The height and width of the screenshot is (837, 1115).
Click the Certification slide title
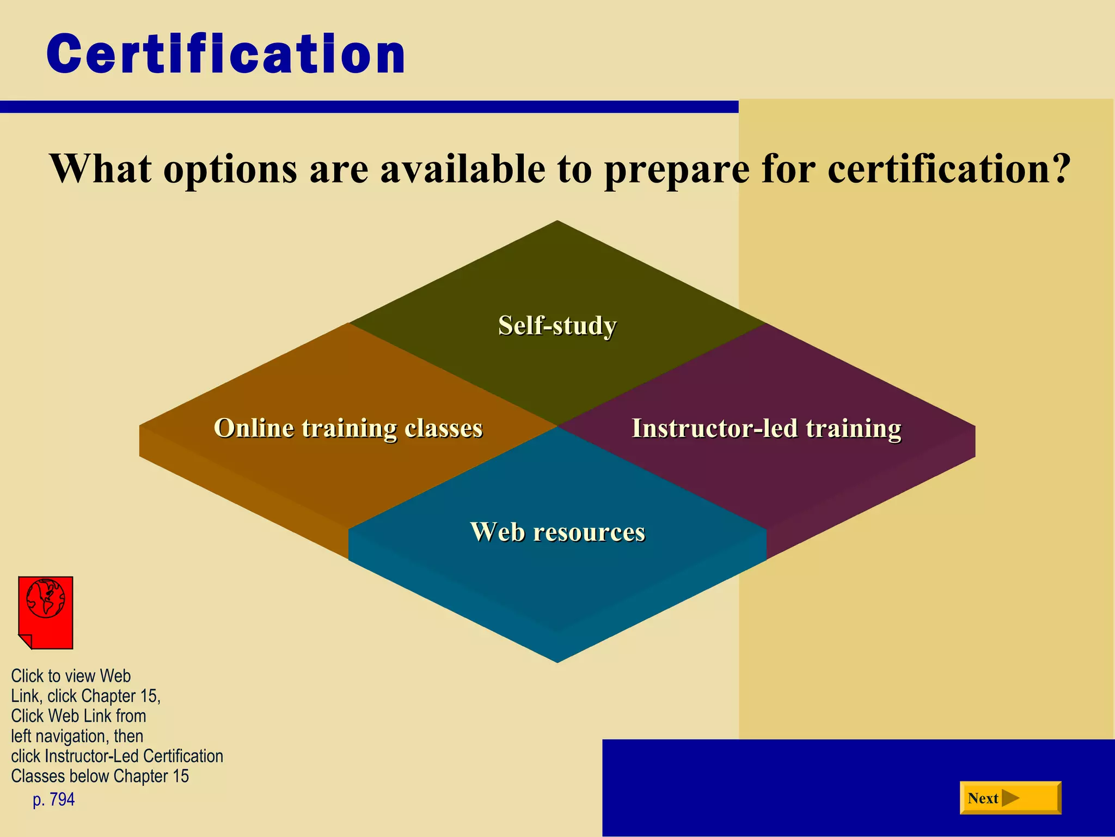tap(226, 54)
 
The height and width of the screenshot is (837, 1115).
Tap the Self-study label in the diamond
tap(557, 325)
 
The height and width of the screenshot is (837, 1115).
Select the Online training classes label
tap(348, 428)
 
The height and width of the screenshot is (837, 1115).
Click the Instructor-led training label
tap(766, 428)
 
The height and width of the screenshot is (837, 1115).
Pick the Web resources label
tap(557, 531)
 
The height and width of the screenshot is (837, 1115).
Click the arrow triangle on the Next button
tap(1010, 798)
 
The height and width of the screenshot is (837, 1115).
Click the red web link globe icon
tap(46, 598)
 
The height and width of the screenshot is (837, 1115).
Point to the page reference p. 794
tap(53, 799)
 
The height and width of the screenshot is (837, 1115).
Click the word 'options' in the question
tap(230, 169)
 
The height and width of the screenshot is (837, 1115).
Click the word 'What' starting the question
tap(100, 169)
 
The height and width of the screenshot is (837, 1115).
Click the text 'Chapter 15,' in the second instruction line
tap(120, 696)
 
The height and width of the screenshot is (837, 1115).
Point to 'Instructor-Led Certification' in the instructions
tap(134, 756)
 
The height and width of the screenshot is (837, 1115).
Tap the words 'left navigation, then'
tap(77, 736)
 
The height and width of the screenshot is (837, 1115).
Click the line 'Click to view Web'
tap(71, 676)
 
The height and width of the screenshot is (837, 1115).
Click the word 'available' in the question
tap(462, 169)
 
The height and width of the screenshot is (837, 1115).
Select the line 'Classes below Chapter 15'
tap(100, 776)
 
